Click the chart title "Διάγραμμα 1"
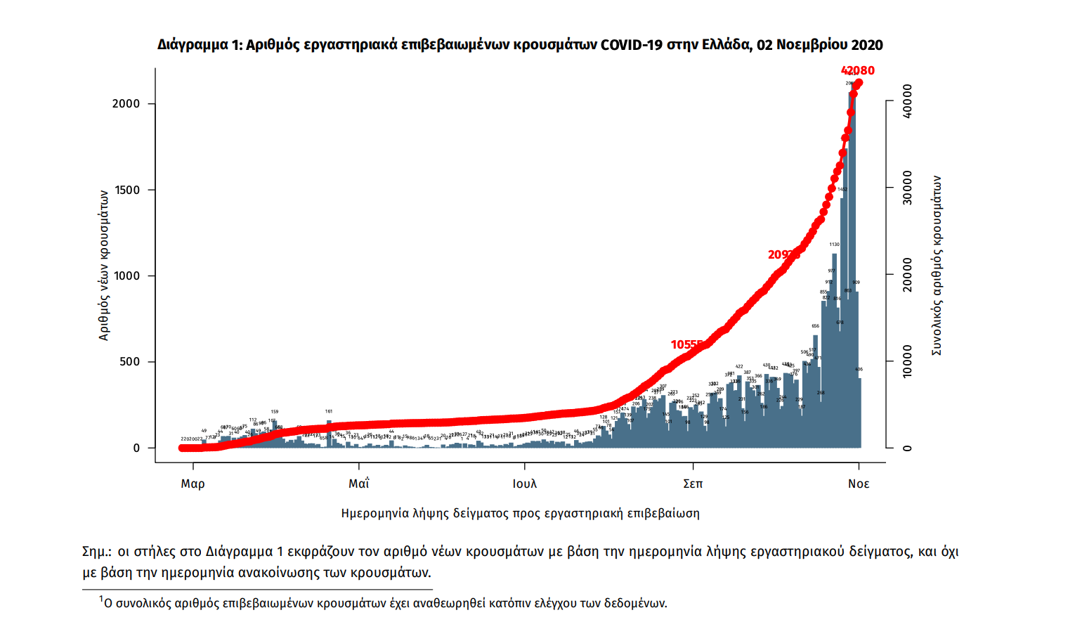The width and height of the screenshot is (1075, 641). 199,45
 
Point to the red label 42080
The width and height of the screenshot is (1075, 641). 857,70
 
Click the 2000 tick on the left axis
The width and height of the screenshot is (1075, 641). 126,103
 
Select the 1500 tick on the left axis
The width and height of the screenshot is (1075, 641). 126,190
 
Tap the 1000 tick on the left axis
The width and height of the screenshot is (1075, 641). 126,276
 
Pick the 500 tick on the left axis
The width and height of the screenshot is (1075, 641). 129,361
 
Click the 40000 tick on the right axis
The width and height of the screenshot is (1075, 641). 907,101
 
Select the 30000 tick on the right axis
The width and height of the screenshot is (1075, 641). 907,188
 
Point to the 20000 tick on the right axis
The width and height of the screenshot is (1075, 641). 907,274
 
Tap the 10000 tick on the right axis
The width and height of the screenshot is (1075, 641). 907,361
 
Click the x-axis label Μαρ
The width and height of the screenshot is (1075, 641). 193,484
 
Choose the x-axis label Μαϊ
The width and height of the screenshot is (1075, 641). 358,484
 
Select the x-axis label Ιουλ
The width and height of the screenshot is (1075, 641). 524,484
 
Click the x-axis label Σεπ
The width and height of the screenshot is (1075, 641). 693,484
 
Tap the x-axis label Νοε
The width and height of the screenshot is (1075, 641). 859,484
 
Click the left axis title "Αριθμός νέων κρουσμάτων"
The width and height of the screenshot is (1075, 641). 104,265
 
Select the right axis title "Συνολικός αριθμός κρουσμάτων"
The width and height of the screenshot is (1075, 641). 937,266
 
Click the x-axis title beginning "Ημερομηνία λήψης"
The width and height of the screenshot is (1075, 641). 520,513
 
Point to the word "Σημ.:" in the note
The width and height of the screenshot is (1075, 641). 97,552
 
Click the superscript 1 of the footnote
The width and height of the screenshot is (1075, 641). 101,599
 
